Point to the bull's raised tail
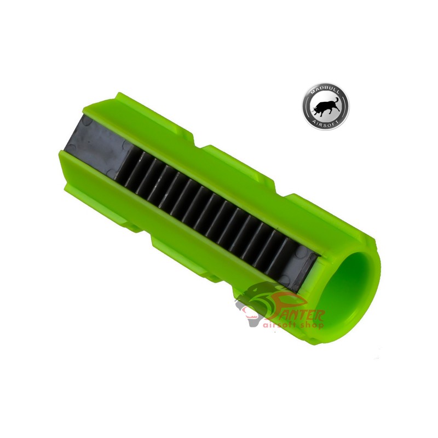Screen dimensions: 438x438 [x=335, y=98]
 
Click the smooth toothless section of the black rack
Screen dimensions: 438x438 [x=93, y=146]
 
